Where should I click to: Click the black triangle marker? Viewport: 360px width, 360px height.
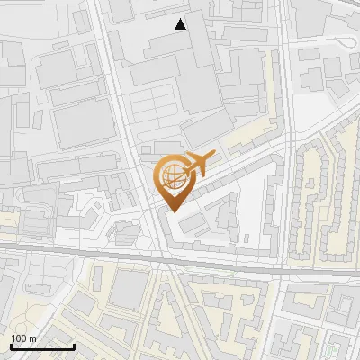coord(181,24)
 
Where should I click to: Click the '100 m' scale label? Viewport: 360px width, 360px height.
coord(23,338)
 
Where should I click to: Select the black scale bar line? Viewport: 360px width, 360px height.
coord(42,346)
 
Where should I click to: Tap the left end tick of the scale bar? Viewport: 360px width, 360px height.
coord(11,345)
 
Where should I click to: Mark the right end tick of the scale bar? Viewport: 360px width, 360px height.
coord(74,345)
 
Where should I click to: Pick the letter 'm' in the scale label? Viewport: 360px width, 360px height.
coord(32,338)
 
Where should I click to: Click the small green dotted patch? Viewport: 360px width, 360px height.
coord(332,347)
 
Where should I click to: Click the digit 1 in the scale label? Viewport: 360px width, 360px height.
coord(13,338)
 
